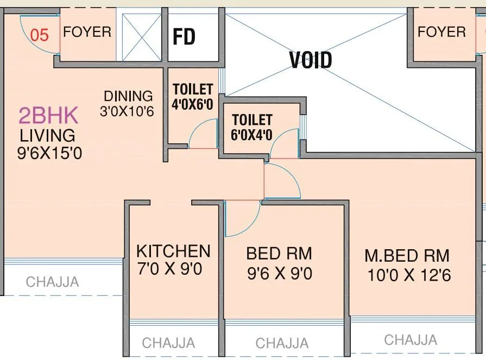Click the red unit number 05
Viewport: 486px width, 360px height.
tap(40, 35)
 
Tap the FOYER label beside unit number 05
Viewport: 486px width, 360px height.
tap(87, 31)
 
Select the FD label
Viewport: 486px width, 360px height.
tap(184, 37)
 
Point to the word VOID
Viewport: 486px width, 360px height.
tap(311, 60)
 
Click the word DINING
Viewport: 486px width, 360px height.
tap(129, 96)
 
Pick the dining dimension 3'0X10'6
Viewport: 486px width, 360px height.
tap(127, 112)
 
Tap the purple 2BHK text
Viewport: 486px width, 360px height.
tap(48, 116)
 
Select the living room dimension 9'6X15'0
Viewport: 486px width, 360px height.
tap(49, 153)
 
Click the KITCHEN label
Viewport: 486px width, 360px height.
tap(173, 251)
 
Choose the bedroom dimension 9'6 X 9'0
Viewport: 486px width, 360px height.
tap(279, 273)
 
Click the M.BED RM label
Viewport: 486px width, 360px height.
tap(407, 255)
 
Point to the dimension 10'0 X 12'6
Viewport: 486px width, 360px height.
tap(409, 275)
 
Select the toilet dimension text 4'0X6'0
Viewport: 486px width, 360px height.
tap(192, 104)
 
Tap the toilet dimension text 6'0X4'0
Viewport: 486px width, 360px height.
tap(252, 134)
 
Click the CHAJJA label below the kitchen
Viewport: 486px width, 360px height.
tap(168, 343)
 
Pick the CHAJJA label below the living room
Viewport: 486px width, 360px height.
tap(53, 282)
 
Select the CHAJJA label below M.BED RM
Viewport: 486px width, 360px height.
tap(411, 340)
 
